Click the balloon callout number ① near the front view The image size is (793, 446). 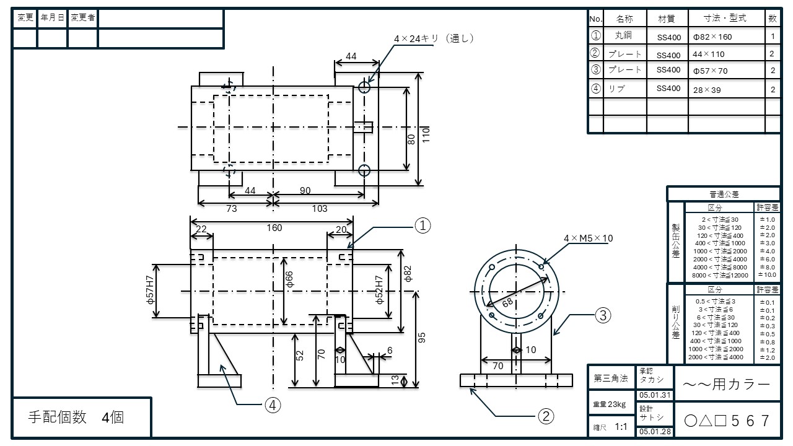(x=422, y=227)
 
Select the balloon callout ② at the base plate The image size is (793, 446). (x=545, y=416)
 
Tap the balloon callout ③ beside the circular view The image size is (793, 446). (x=603, y=315)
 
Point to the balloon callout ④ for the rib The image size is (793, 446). (x=273, y=405)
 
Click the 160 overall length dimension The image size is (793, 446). (x=274, y=228)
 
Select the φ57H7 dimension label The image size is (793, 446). (x=149, y=291)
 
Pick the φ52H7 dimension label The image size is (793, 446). (x=380, y=291)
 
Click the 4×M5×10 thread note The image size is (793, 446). (x=588, y=238)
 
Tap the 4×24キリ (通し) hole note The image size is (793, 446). (x=433, y=38)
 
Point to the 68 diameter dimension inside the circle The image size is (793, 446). (x=507, y=302)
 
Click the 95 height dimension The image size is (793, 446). (x=423, y=338)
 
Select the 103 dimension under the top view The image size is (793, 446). (x=319, y=209)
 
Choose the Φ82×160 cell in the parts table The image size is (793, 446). (x=712, y=37)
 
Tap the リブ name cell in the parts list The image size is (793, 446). (x=616, y=89)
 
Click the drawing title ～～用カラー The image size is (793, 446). (x=726, y=385)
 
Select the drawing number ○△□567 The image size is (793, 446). (x=726, y=421)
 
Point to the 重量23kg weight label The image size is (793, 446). (x=609, y=404)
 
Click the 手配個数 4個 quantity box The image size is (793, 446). (x=77, y=418)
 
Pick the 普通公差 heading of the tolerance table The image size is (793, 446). (x=723, y=195)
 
